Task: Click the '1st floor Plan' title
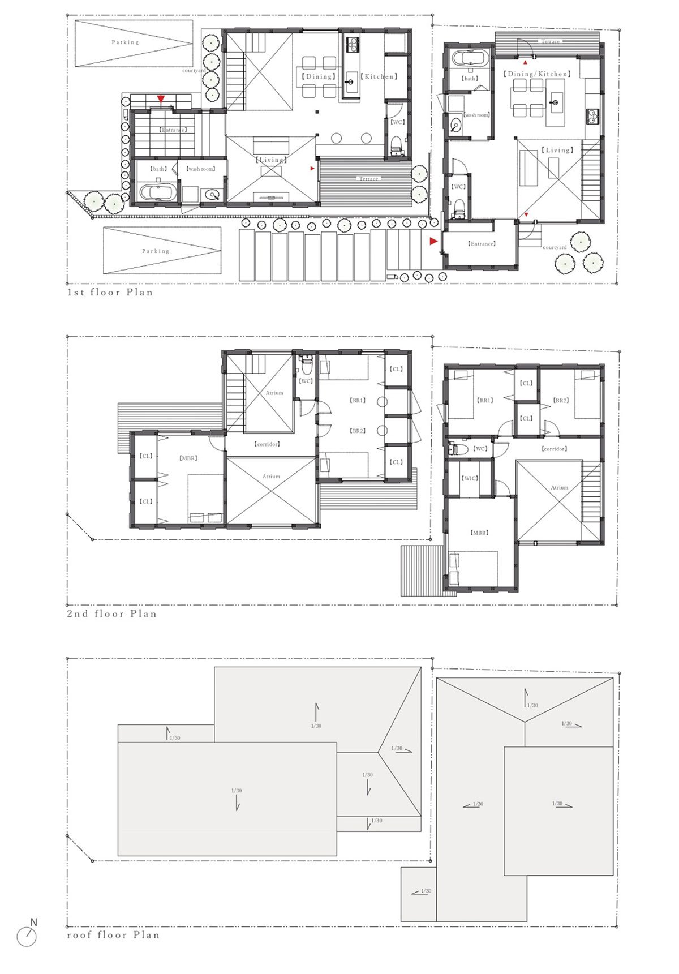[x=110, y=292]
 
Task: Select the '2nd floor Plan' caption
[x=111, y=613]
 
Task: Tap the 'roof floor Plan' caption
[x=113, y=935]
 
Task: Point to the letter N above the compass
[x=33, y=922]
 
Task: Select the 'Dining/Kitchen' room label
[x=536, y=74]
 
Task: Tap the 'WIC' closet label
[x=470, y=478]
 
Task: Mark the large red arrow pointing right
[x=433, y=241]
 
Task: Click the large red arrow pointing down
[x=161, y=99]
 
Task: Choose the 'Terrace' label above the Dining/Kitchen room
[x=550, y=41]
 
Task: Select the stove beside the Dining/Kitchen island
[x=592, y=116]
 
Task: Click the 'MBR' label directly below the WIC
[x=479, y=533]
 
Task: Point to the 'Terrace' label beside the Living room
[x=368, y=179]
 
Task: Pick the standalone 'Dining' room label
[x=318, y=76]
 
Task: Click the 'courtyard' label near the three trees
[x=555, y=247]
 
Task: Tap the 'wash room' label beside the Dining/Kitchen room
[x=476, y=115]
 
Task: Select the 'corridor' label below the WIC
[x=554, y=449]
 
